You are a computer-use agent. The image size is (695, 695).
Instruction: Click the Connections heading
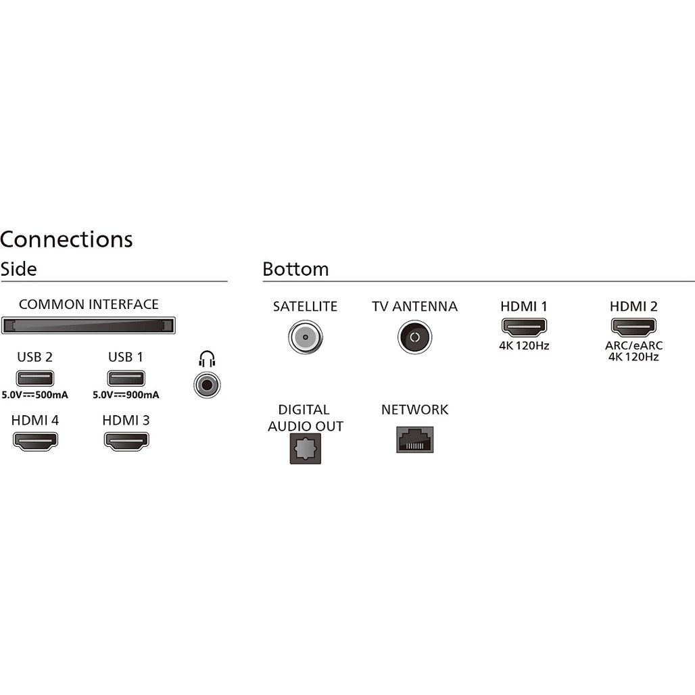(x=66, y=239)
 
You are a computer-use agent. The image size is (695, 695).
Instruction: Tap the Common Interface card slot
(x=89, y=325)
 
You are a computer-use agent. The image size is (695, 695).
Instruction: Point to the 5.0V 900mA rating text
(x=126, y=396)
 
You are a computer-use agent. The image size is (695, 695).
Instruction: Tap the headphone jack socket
(x=206, y=385)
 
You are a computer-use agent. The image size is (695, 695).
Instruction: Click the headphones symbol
(x=206, y=359)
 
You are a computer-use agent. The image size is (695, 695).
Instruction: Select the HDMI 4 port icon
(x=35, y=441)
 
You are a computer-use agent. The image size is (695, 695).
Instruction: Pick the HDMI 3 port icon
(x=126, y=441)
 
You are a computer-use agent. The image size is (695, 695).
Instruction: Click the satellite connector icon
(x=305, y=336)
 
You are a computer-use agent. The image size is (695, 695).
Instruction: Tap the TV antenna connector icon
(x=414, y=336)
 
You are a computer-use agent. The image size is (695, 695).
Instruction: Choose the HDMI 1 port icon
(x=523, y=327)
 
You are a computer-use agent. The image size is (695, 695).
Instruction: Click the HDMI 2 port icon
(x=633, y=327)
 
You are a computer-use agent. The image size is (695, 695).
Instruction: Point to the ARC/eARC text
(x=633, y=345)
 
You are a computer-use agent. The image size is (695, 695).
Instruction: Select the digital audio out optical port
(x=305, y=449)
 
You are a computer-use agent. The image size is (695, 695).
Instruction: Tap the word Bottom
(x=295, y=269)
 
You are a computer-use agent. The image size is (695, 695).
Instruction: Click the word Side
(x=18, y=269)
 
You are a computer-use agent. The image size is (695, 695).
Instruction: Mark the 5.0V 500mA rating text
(x=35, y=396)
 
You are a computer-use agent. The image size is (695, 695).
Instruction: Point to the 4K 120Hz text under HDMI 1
(x=523, y=345)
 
